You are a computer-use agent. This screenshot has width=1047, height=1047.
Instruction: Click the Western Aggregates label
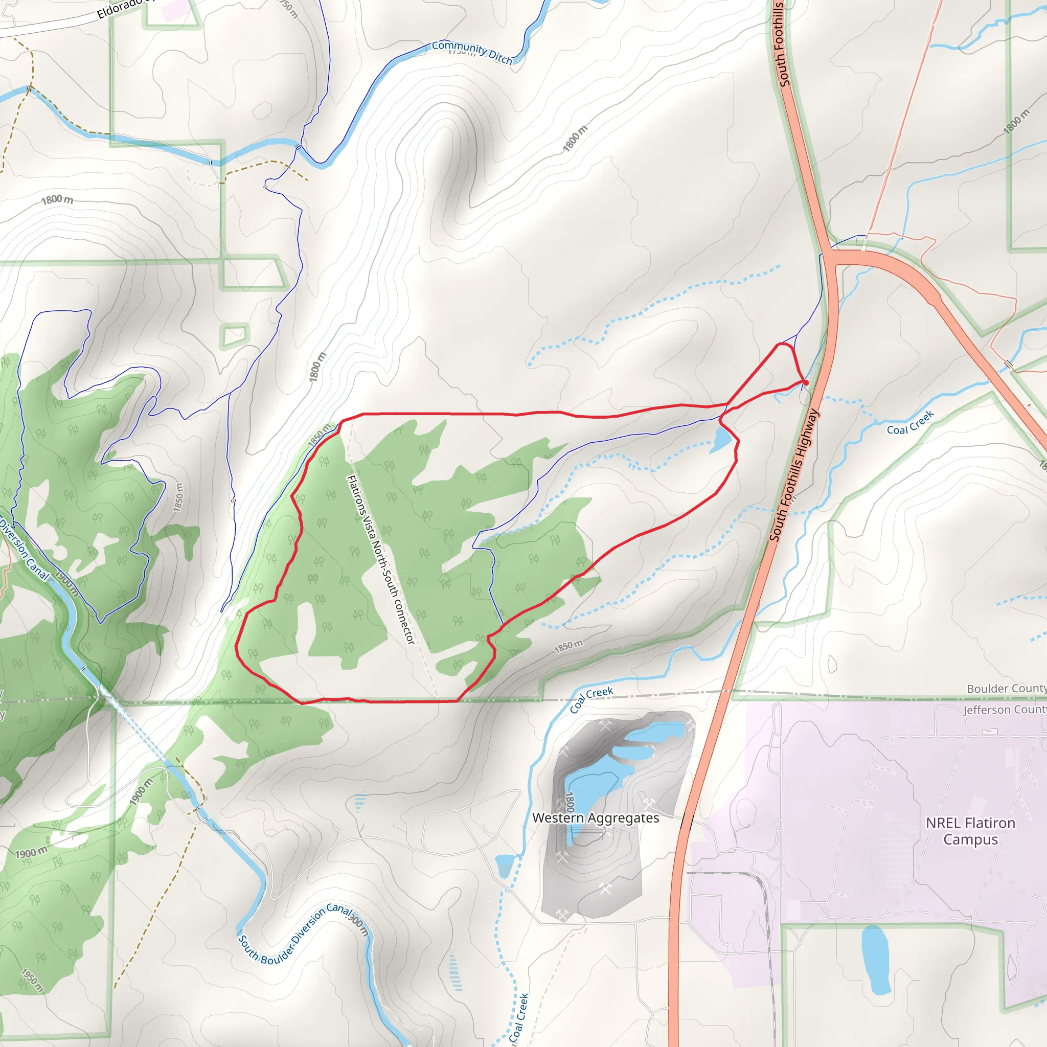[596, 818]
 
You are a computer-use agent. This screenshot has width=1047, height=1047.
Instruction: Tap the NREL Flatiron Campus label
[970, 831]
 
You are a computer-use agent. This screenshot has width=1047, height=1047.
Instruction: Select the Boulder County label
[1006, 689]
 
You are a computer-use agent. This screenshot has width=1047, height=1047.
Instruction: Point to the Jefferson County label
[1004, 710]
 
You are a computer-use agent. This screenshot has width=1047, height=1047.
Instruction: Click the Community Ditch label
[472, 52]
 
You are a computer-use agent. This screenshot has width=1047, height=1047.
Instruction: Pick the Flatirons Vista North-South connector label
[380, 560]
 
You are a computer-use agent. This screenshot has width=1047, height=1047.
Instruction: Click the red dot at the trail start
[806, 383]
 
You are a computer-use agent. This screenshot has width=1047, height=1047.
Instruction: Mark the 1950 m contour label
[32, 980]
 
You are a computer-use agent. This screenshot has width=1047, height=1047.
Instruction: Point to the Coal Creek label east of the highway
[911, 423]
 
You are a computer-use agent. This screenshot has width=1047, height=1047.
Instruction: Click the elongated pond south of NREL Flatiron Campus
[875, 960]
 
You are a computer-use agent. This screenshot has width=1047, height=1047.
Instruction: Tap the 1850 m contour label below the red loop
[568, 647]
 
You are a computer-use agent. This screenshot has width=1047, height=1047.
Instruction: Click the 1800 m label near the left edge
[57, 199]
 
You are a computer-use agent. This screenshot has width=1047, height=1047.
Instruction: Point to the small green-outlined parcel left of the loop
[235, 335]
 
